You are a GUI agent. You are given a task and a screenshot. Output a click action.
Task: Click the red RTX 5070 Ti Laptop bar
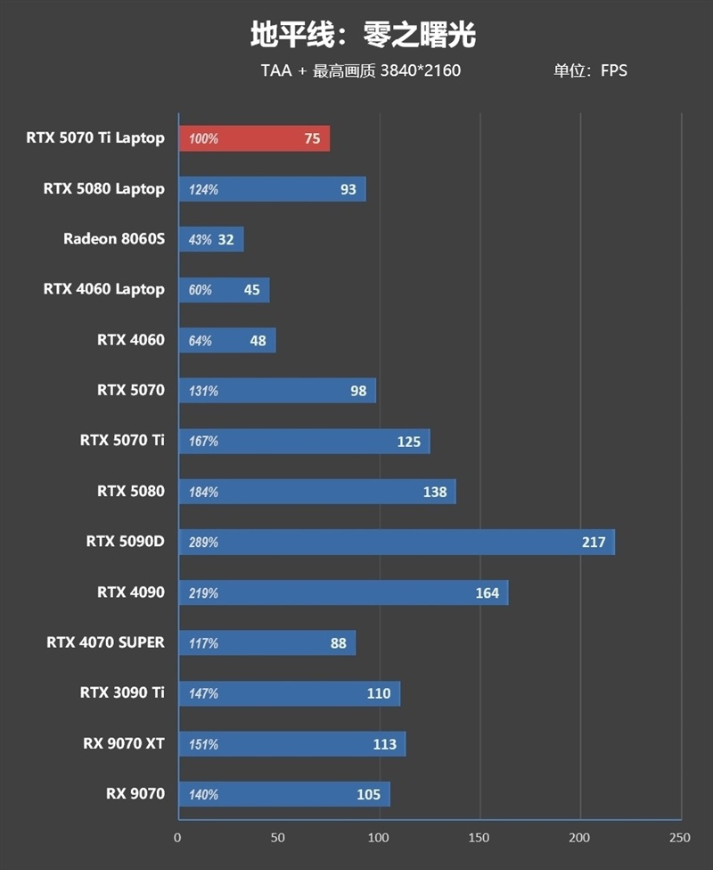pyautogui.click(x=254, y=138)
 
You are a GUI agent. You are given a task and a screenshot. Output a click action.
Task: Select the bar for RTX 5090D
pyautogui.click(x=397, y=543)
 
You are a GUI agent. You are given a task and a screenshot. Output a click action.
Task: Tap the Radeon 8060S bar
pyautogui.click(x=211, y=239)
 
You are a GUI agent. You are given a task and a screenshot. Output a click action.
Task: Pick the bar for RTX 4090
pyautogui.click(x=343, y=592)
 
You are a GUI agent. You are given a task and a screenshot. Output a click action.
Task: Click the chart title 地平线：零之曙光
pyautogui.click(x=363, y=35)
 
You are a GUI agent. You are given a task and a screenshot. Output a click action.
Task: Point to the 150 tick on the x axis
pyautogui.click(x=479, y=838)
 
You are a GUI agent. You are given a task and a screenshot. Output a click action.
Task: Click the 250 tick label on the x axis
pyautogui.click(x=680, y=838)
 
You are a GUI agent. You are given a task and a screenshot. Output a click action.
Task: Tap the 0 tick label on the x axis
pyautogui.click(x=177, y=838)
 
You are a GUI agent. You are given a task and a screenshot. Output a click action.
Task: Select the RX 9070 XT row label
pyautogui.click(x=124, y=743)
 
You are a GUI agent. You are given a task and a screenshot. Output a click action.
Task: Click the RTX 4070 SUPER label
pyautogui.click(x=106, y=642)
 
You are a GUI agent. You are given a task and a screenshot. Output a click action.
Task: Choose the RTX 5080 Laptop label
pyautogui.click(x=104, y=189)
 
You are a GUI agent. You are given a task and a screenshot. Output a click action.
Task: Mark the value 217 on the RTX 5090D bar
pyautogui.click(x=594, y=543)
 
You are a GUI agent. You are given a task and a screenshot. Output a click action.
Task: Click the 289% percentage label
pyautogui.click(x=203, y=543)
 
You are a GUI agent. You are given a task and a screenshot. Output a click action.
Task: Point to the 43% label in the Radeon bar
pyautogui.click(x=200, y=240)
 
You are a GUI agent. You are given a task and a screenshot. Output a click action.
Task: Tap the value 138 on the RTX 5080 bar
pyautogui.click(x=435, y=493)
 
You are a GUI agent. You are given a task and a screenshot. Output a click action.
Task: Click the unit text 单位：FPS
pyautogui.click(x=590, y=70)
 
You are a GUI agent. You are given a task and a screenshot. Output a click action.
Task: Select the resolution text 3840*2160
pyautogui.click(x=421, y=70)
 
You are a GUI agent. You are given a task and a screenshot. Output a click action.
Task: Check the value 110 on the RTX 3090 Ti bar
pyautogui.click(x=379, y=693)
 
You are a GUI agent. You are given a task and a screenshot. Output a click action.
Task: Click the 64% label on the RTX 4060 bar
pyautogui.click(x=200, y=341)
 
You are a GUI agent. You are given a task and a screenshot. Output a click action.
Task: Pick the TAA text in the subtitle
pyautogui.click(x=276, y=70)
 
